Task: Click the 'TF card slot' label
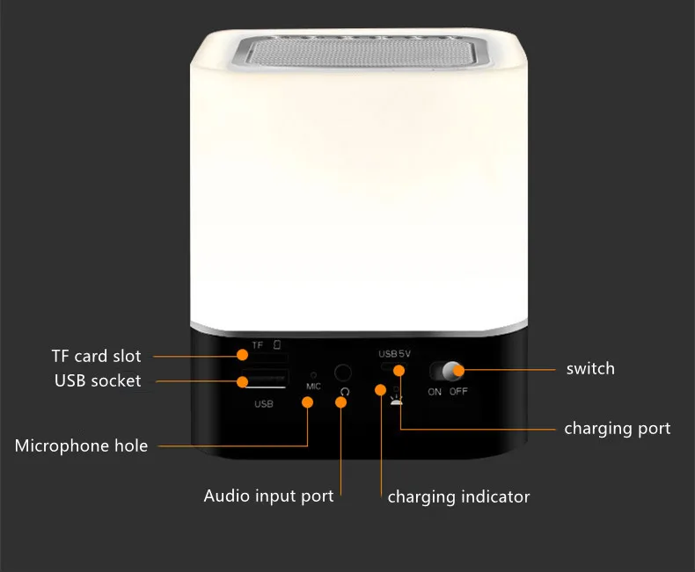(96, 357)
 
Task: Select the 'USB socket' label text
(98, 380)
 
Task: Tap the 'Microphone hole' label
(81, 446)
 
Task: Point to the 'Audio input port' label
(268, 496)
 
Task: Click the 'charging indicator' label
(458, 497)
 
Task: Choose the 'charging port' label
(617, 429)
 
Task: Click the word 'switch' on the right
(590, 368)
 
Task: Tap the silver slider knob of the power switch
(452, 370)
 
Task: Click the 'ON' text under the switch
(435, 392)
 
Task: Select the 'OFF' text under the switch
(458, 392)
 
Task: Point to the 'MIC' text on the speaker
(313, 386)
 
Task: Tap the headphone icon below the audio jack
(344, 391)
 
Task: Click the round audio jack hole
(343, 373)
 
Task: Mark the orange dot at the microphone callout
(307, 402)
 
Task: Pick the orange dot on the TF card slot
(241, 354)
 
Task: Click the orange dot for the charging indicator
(380, 389)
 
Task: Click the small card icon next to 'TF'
(277, 344)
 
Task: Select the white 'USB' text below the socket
(263, 404)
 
